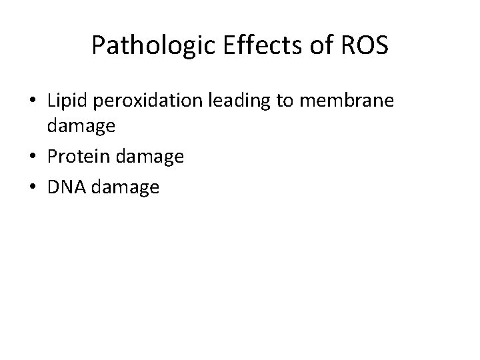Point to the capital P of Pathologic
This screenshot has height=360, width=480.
coord(98,46)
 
